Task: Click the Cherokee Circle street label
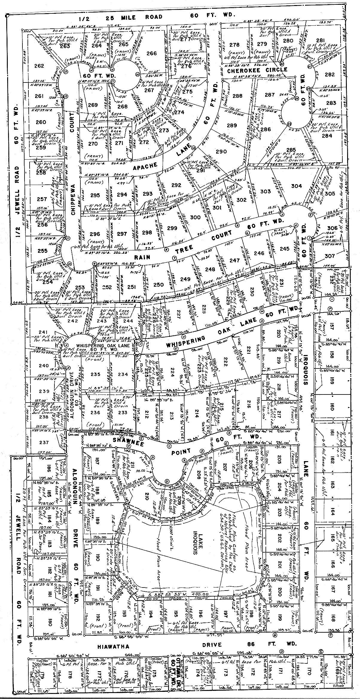[257, 70]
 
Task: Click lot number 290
[221, 152]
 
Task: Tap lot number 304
[296, 186]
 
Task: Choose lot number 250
[159, 284]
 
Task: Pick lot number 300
[195, 217]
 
